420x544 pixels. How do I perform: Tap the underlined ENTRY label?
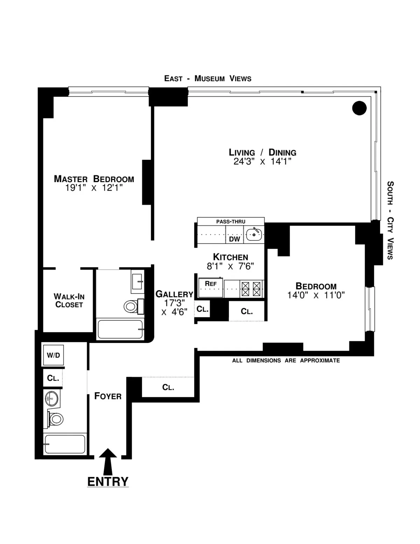108,482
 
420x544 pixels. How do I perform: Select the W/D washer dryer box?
53,355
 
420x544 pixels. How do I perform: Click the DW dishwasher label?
234,239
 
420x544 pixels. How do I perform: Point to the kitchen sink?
254,234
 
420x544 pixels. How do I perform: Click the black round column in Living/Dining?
359,108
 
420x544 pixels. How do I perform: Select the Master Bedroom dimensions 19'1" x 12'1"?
94,188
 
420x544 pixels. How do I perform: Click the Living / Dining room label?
262,152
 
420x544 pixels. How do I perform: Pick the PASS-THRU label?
231,222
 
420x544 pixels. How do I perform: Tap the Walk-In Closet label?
69,301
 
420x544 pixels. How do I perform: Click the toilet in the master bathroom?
131,307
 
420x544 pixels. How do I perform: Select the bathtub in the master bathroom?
120,329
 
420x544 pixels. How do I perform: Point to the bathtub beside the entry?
64,444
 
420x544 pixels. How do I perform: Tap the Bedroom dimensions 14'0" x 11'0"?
316,295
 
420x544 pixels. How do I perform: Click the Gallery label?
174,294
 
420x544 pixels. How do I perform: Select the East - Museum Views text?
208,78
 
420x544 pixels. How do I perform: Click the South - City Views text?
390,220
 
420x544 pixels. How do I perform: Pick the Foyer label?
108,396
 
